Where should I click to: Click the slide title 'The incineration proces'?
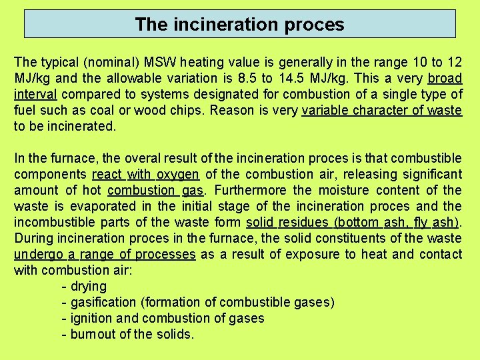click(239, 25)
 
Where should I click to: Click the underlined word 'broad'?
click(445, 78)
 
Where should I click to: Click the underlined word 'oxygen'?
click(178, 174)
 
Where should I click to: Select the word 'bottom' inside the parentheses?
click(359, 222)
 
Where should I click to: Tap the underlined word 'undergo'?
click(37, 254)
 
